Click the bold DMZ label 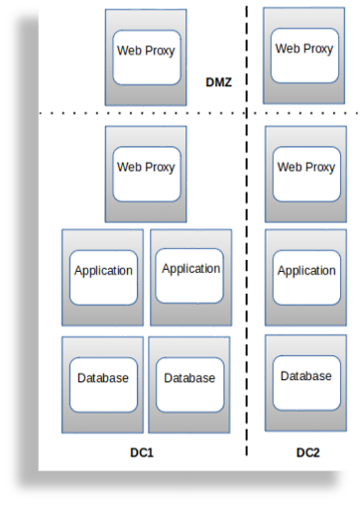(218, 82)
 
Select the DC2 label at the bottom (307, 452)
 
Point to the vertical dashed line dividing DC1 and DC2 (247, 298)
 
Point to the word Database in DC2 (305, 376)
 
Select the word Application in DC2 (305, 271)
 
